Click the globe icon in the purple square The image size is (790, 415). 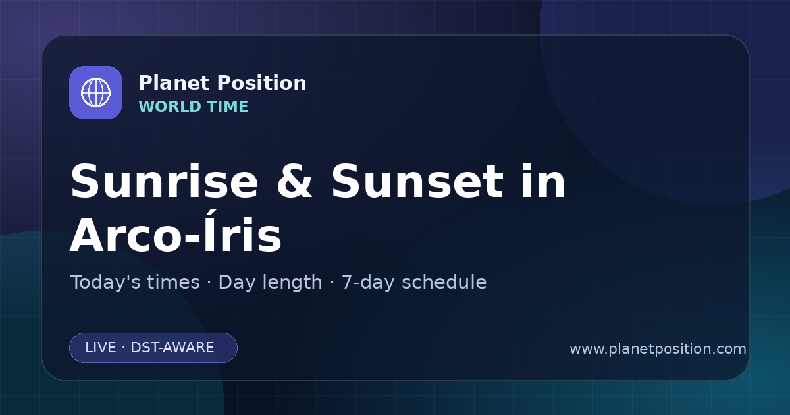coord(96,92)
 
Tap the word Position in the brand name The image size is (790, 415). coord(262,83)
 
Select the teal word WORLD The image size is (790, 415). coord(169,107)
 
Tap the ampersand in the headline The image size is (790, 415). coord(295,181)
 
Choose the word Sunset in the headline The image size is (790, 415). coord(417,181)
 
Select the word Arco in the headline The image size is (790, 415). coord(126,235)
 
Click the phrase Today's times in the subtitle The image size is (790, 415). coord(135,282)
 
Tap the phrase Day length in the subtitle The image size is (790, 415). coord(270,283)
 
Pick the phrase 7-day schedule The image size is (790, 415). coord(414,283)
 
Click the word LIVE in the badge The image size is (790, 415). coord(101,348)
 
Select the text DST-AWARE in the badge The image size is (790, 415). coord(172,348)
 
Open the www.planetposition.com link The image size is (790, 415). coord(658,349)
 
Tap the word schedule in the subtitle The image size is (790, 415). coord(444,282)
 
